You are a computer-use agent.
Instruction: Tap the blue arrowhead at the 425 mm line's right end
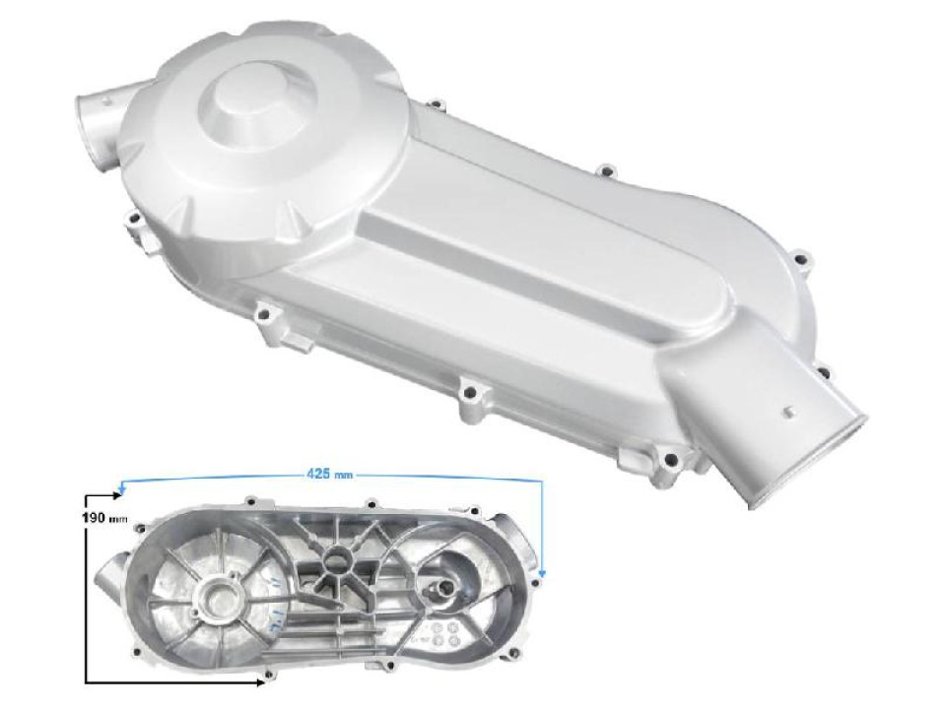[x=543, y=570]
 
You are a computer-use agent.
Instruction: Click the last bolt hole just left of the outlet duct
[x=672, y=457]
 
